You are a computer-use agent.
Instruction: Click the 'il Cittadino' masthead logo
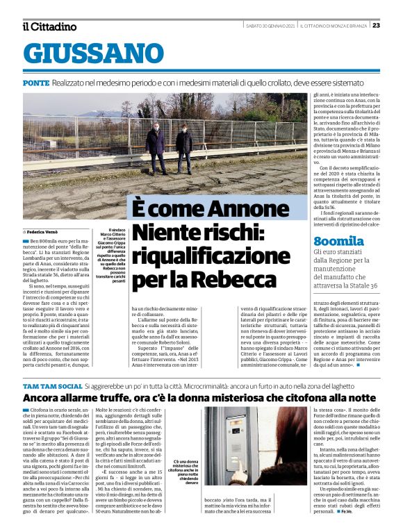coord(49,26)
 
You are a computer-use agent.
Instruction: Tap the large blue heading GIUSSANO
coord(94,53)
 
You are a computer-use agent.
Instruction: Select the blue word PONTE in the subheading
coord(35,83)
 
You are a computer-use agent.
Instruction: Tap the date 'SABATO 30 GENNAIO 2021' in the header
coord(270,26)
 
